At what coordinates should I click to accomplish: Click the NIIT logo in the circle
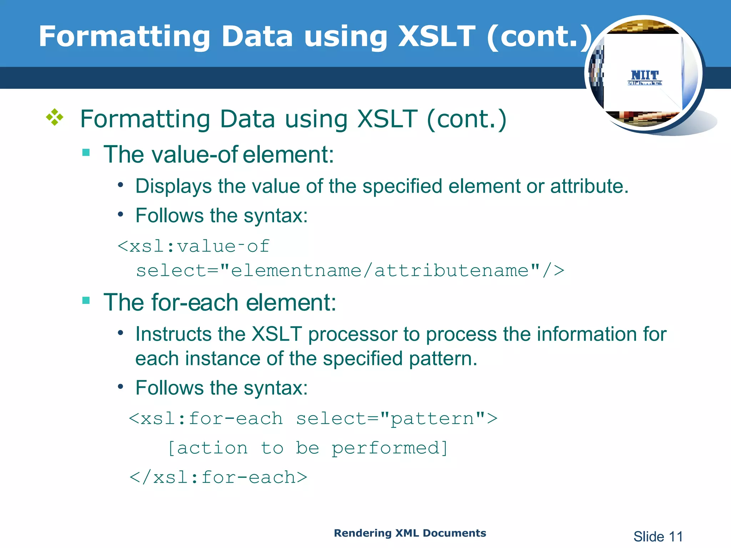click(x=645, y=77)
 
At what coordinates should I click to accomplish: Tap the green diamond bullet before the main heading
click(x=55, y=117)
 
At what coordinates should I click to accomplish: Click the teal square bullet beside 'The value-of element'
click(x=86, y=153)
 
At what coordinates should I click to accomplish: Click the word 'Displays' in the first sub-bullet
click(x=173, y=186)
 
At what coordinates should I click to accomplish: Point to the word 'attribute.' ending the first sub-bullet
click(x=589, y=186)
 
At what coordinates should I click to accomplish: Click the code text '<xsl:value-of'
click(x=193, y=246)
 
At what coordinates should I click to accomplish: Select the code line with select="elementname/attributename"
click(x=350, y=270)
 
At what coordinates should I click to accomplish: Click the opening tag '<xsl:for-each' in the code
click(x=206, y=418)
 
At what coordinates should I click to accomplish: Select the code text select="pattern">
click(x=396, y=418)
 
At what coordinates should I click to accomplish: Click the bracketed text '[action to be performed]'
click(x=307, y=448)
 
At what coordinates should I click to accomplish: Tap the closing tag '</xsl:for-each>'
click(x=218, y=477)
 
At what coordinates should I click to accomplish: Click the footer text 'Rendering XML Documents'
click(x=410, y=533)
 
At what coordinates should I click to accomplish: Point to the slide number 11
click(x=675, y=537)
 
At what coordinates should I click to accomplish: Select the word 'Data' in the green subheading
click(x=247, y=119)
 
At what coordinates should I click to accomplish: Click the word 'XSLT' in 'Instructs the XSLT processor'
click(x=277, y=334)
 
